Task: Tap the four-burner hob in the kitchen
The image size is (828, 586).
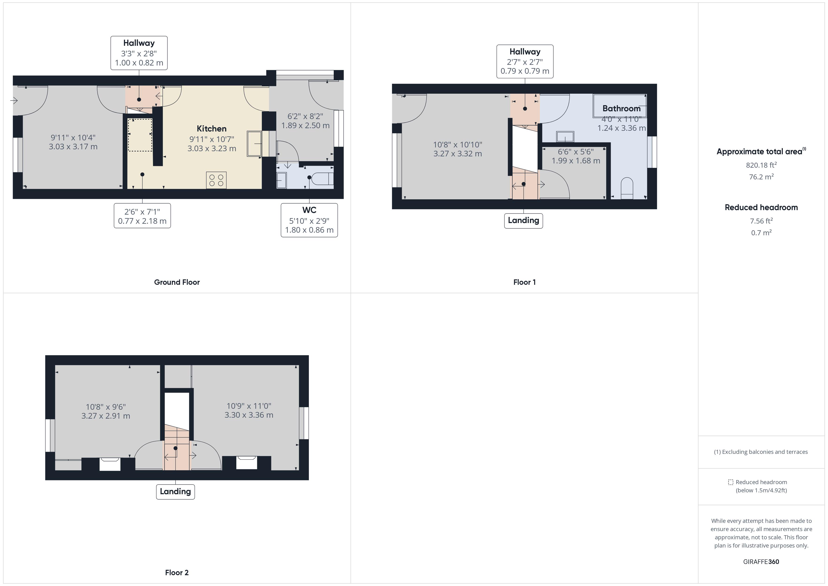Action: click(x=216, y=180)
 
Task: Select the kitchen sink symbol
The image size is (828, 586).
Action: click(x=254, y=144)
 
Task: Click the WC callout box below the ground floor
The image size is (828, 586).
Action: click(x=309, y=220)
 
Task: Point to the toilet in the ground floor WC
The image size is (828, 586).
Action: click(x=323, y=178)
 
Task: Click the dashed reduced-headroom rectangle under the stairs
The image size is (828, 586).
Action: click(x=140, y=135)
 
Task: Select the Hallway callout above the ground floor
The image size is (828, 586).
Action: click(x=139, y=53)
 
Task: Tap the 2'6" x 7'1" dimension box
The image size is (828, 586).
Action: click(x=142, y=216)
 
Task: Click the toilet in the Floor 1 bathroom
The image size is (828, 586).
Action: click(x=627, y=188)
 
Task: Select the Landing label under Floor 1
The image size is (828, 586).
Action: click(x=523, y=220)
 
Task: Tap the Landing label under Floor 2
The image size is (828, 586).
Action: click(x=175, y=491)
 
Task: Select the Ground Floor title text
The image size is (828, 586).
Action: click(x=177, y=282)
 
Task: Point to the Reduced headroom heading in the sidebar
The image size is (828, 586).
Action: click(x=761, y=208)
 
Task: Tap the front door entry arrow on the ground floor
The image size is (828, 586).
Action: click(x=14, y=100)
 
